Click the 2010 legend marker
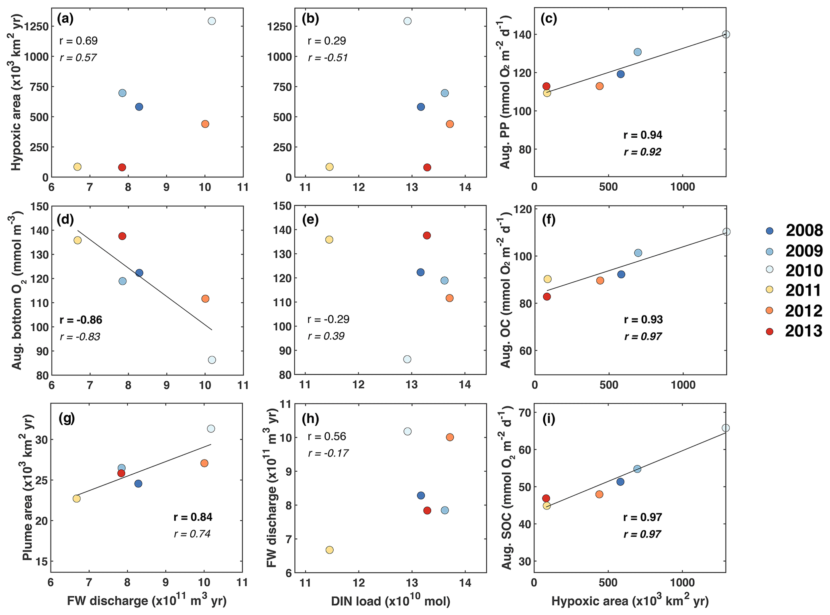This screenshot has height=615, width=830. pos(769,271)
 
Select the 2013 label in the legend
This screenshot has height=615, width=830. pos(804,331)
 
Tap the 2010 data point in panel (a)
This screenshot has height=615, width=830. pos(212,21)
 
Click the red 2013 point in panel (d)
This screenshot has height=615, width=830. pos(122,236)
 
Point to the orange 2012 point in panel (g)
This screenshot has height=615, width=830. pos(204,463)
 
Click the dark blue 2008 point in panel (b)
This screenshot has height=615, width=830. pos(421,107)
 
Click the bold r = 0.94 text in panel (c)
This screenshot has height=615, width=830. pos(642,135)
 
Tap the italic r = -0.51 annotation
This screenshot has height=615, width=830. pos(328,58)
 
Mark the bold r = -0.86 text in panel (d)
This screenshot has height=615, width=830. pos(81,320)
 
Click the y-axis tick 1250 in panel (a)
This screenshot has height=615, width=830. pos(37,27)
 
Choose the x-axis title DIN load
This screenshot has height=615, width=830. pos(390,601)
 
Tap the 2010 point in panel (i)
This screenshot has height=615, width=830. pos(726,428)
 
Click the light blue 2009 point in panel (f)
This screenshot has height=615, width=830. pos(638,253)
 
